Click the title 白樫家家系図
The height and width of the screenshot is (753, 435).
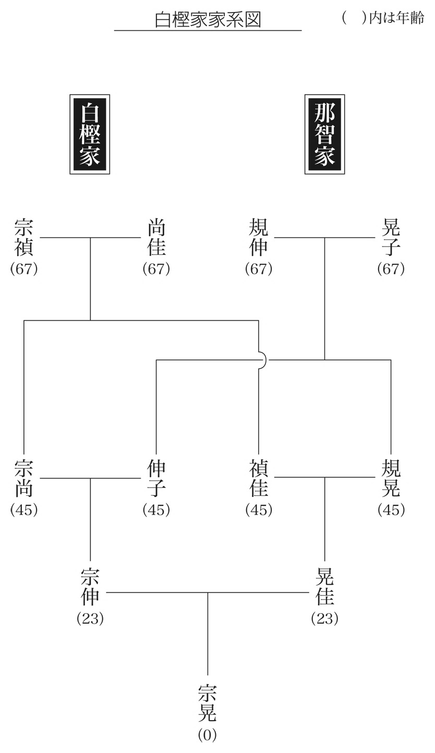coord(208,19)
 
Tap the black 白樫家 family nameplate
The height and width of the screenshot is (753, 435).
coord(90,134)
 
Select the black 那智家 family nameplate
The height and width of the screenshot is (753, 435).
coord(324,134)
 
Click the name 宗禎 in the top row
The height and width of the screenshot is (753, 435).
coord(24,237)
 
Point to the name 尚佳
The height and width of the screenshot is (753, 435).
coord(156,237)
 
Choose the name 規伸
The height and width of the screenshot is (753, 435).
coord(259,237)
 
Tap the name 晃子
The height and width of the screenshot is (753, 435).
coord(391,237)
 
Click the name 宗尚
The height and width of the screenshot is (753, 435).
coord(24,478)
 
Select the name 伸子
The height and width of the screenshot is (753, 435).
coord(156,478)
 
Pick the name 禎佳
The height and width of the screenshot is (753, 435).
coord(259,478)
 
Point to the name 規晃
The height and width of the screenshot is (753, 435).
coord(391,478)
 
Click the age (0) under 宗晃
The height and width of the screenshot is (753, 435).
coord(208,735)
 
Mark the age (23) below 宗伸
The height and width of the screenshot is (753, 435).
coord(90,618)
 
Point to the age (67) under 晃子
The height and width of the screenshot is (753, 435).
coord(391,269)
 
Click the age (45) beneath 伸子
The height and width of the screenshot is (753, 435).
coord(156,510)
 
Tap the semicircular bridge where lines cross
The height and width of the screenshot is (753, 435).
coord(262,360)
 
